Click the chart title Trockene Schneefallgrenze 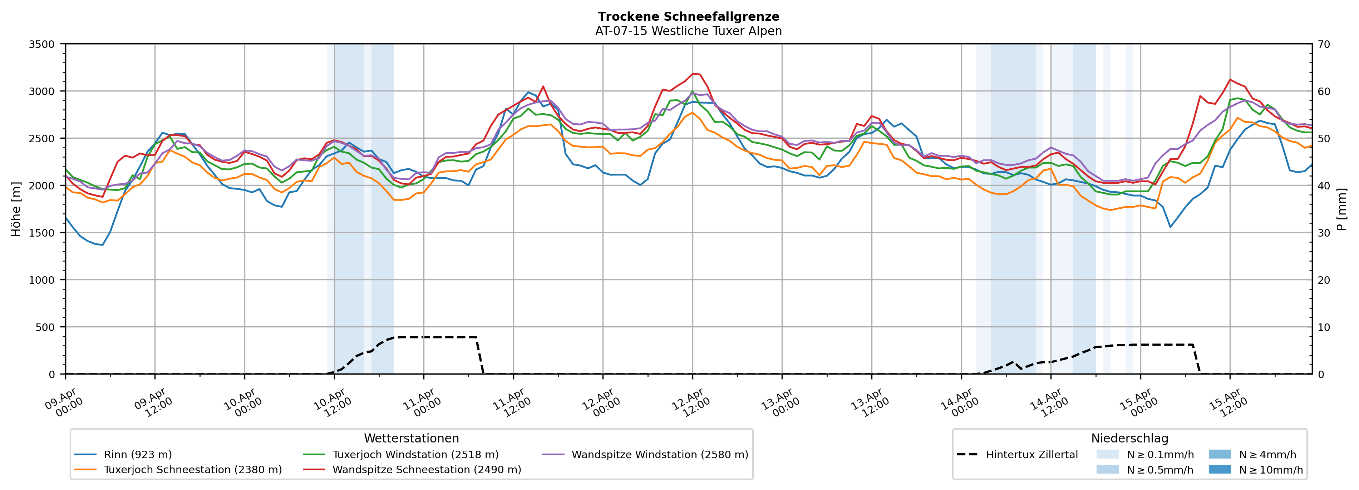pos(689,17)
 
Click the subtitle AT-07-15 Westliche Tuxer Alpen pos(689,31)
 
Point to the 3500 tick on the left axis pos(42,44)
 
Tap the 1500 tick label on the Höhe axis pos(42,233)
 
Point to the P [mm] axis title pos(1341,209)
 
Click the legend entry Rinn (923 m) pos(138,455)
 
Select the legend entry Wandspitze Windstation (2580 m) pos(659,455)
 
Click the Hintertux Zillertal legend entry pos(1031,455)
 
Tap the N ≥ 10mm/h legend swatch pos(1220,469)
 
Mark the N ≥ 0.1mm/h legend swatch pos(1107,455)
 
